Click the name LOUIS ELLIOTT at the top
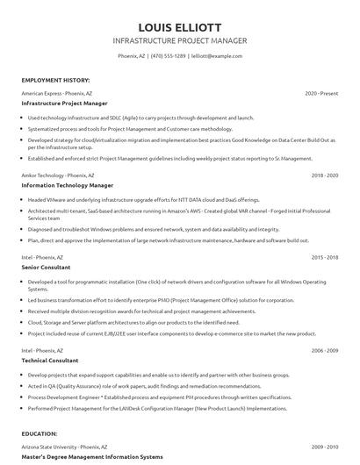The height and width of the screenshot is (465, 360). click(179, 25)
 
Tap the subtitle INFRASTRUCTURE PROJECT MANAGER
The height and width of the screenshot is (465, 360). click(179, 40)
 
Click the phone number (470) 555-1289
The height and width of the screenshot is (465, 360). click(168, 55)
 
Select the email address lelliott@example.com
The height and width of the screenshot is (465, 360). click(216, 55)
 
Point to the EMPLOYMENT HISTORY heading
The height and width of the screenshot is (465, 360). click(54, 79)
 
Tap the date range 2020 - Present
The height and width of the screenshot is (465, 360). click(321, 92)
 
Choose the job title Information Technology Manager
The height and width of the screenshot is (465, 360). click(68, 186)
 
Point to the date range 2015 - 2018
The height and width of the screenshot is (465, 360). click(325, 257)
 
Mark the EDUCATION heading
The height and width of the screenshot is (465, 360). click(40, 433)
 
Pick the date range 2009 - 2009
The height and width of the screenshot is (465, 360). click(325, 446)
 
